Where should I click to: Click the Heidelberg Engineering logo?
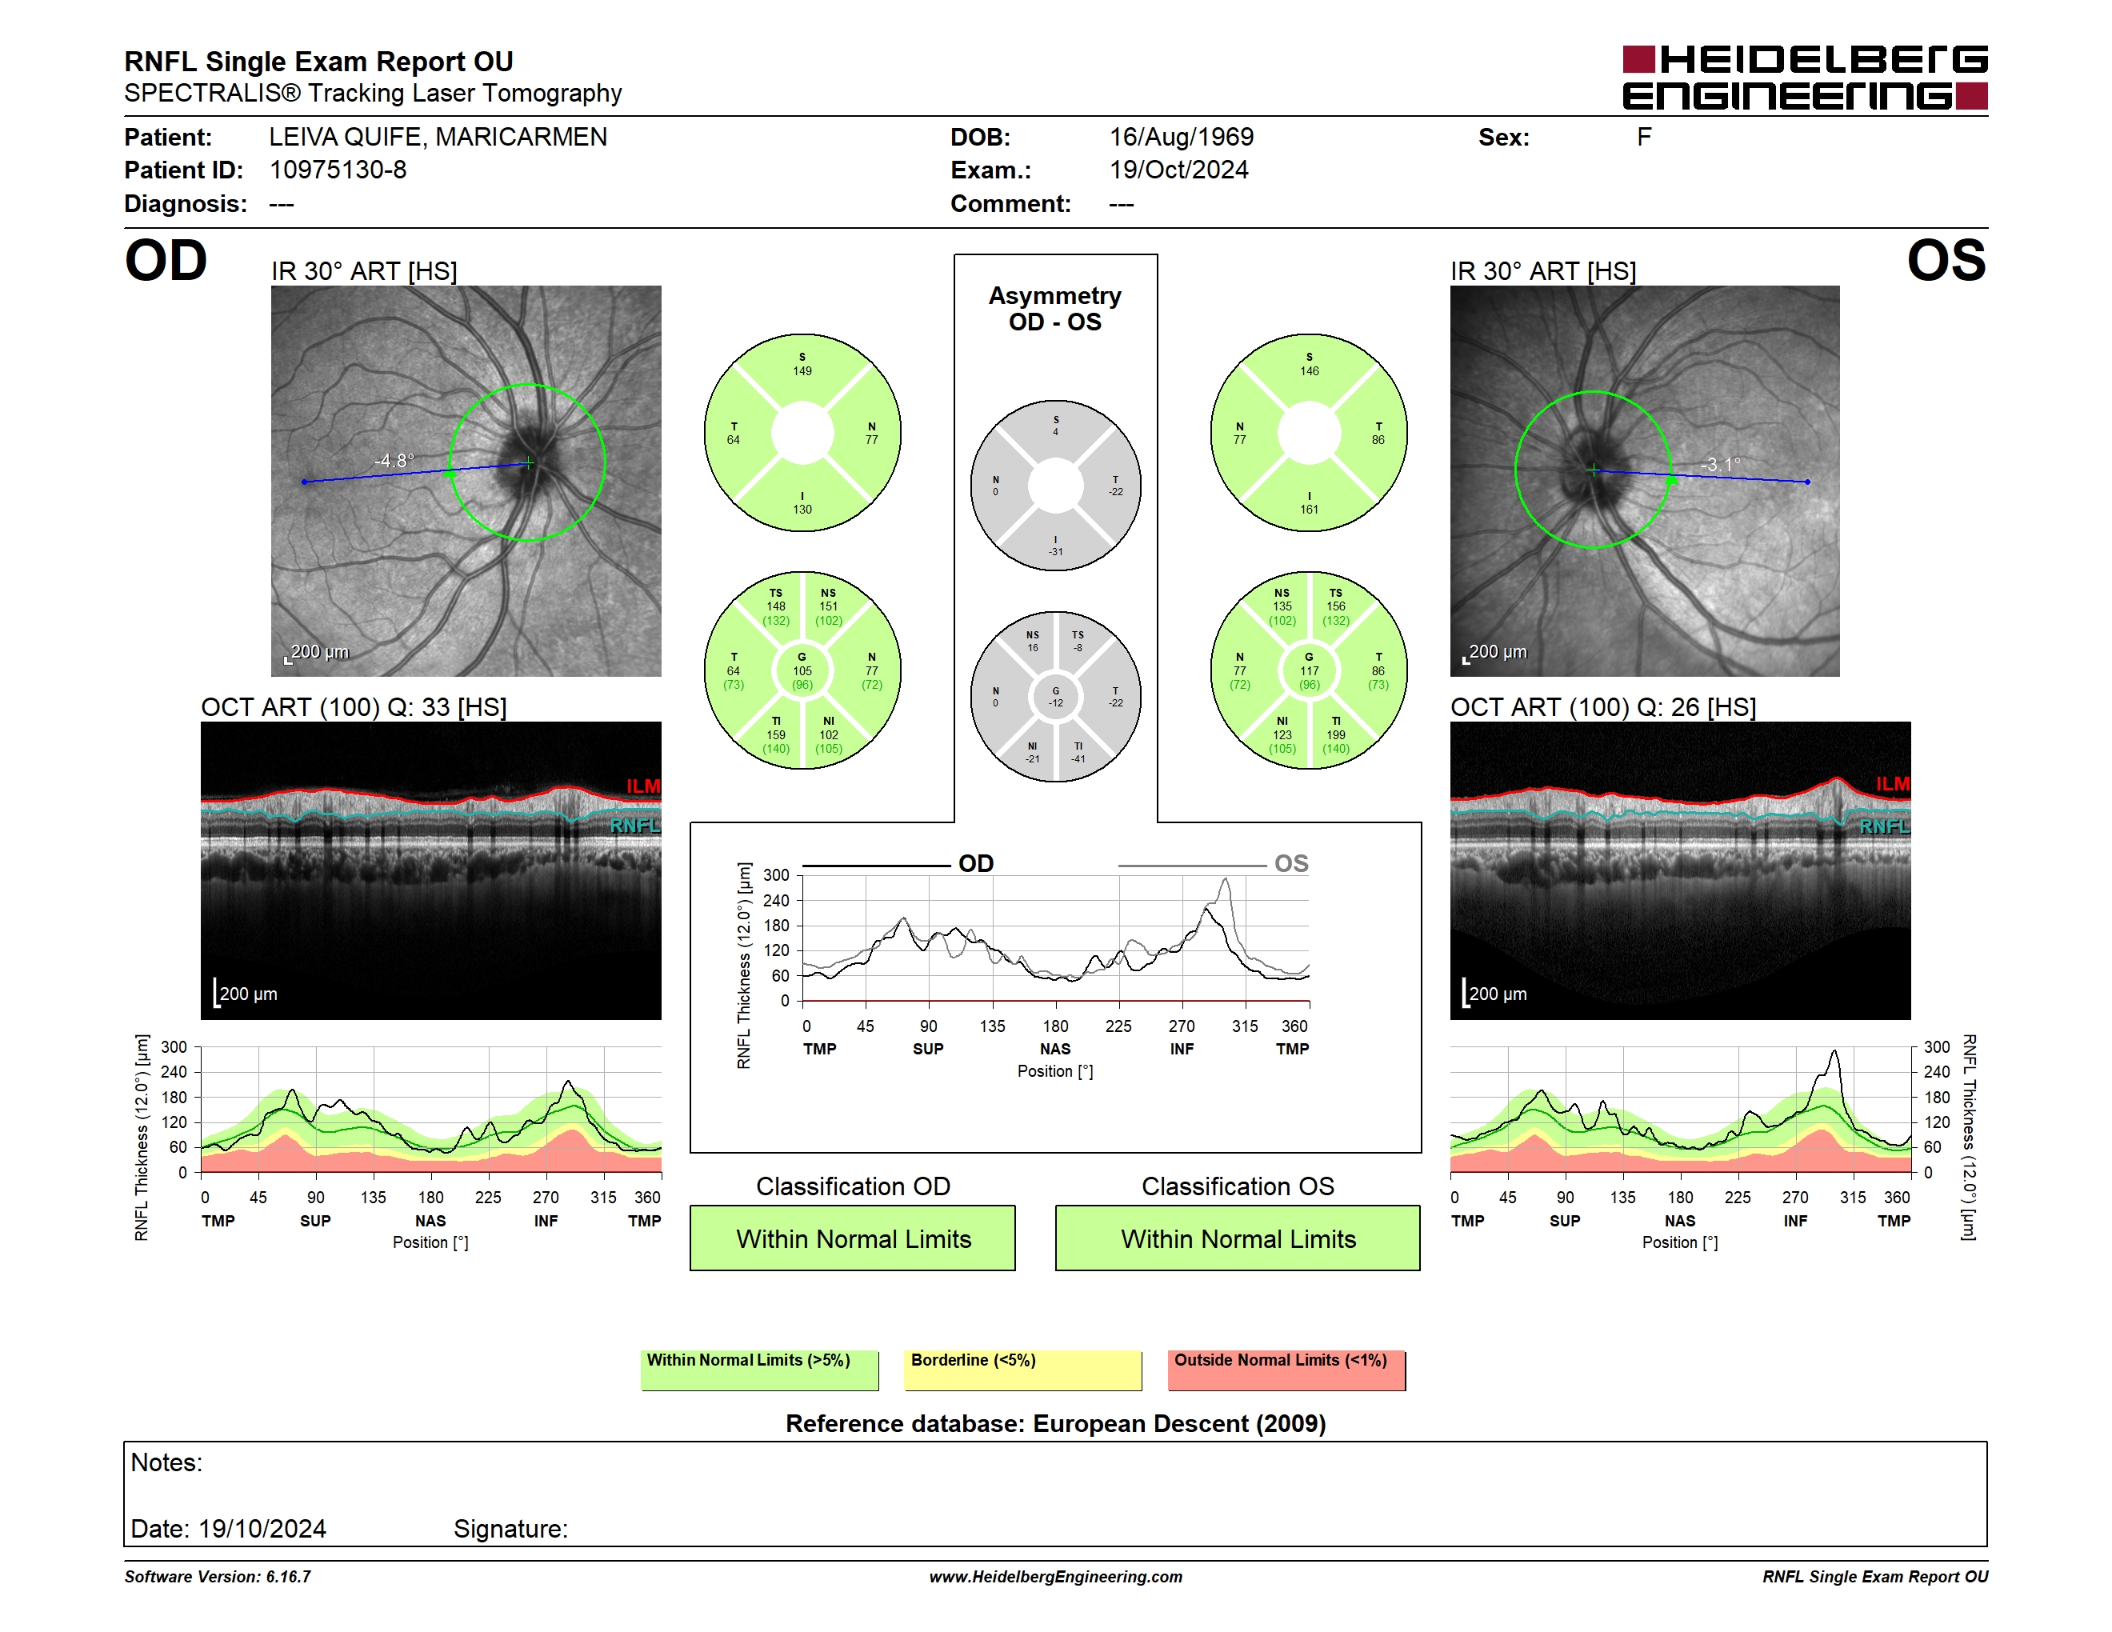pyautogui.click(x=1805, y=78)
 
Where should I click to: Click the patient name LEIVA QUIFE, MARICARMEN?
pyautogui.click(x=438, y=138)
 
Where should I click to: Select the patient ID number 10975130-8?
pyautogui.click(x=338, y=170)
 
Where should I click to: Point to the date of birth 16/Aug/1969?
pyautogui.click(x=1181, y=138)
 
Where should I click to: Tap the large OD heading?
pyautogui.click(x=166, y=261)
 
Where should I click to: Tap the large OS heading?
pyautogui.click(x=1946, y=261)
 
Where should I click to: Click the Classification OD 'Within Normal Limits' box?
pyautogui.click(x=852, y=1238)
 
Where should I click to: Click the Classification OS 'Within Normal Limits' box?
pyautogui.click(x=1237, y=1238)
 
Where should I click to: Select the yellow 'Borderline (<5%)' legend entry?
pyautogui.click(x=1022, y=1370)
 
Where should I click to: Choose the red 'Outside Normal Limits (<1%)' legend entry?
pyautogui.click(x=1286, y=1370)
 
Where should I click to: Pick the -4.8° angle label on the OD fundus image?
pyautogui.click(x=394, y=460)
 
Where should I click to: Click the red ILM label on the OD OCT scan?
pyautogui.click(x=643, y=786)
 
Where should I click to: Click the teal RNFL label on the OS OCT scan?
pyautogui.click(x=1884, y=826)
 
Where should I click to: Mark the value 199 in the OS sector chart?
pyautogui.click(x=1335, y=734)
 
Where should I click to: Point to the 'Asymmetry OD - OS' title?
pyautogui.click(x=1055, y=309)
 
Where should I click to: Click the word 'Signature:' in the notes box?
pyautogui.click(x=510, y=1529)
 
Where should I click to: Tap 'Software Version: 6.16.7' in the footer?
pyautogui.click(x=218, y=1577)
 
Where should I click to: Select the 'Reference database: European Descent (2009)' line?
pyautogui.click(x=1055, y=1423)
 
